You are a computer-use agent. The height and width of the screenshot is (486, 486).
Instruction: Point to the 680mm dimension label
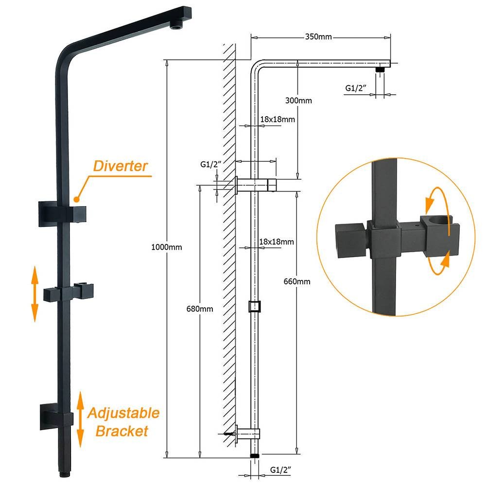pos(199,309)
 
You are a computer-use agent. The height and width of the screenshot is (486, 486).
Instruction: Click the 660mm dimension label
pos(297,281)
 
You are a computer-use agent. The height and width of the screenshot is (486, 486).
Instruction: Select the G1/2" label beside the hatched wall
pos(211,165)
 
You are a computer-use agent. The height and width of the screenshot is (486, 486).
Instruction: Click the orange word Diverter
pos(120,166)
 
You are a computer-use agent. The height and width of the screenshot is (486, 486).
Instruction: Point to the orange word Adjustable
pos(123,414)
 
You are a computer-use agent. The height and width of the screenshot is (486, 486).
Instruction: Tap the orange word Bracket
pos(122,431)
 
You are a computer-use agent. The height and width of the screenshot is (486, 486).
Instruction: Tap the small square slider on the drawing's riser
pos(255,306)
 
